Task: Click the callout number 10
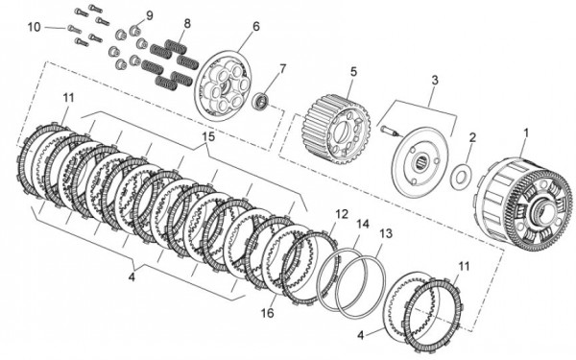[x=35, y=27]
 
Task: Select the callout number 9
[x=149, y=15]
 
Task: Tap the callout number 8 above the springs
[x=187, y=24]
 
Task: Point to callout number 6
[x=255, y=27]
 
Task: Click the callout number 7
[x=282, y=69]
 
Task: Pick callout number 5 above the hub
[x=353, y=72]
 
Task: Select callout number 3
[x=435, y=80]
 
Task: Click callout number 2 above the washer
[x=472, y=137]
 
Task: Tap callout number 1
[x=526, y=133]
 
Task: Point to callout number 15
[x=208, y=136]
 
